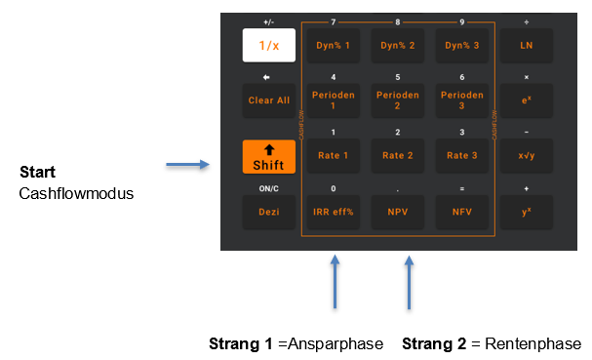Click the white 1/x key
click(x=269, y=45)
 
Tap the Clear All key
click(x=269, y=100)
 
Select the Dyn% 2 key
click(x=398, y=45)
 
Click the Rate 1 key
click(x=333, y=156)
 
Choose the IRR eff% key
click(x=333, y=212)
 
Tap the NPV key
click(x=398, y=212)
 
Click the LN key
click(x=527, y=45)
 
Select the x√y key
click(x=527, y=156)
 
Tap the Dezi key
click(x=269, y=212)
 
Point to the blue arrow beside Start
click(x=187, y=164)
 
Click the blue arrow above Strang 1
click(x=335, y=282)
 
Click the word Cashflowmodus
click(x=76, y=193)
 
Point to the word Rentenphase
click(x=533, y=343)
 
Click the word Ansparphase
click(x=335, y=344)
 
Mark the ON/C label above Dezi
click(x=269, y=188)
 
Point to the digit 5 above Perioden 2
click(x=398, y=77)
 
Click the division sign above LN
click(x=527, y=22)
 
